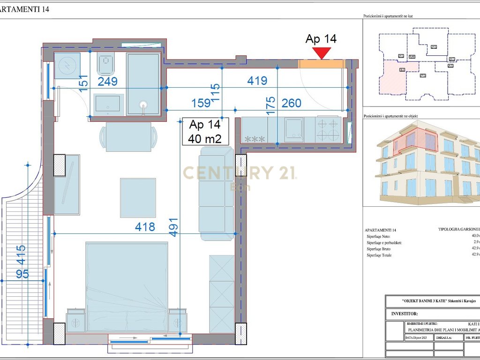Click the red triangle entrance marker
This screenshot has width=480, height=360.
322,53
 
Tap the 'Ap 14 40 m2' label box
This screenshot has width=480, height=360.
204,132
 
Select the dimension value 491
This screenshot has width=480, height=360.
173,227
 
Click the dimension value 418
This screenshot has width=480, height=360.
144,227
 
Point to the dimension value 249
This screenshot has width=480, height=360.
107,82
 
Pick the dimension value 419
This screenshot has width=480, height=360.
257,81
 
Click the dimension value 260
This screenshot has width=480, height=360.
291,103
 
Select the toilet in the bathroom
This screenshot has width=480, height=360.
106,64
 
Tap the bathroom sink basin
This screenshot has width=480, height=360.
109,105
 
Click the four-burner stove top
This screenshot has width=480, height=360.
327,129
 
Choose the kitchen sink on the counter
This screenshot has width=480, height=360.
294,129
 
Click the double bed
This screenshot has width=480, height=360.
127,286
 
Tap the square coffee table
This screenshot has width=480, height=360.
138,197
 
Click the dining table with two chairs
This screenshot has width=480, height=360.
128,136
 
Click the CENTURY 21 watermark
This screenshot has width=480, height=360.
239,173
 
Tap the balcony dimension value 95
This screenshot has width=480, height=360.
22,273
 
